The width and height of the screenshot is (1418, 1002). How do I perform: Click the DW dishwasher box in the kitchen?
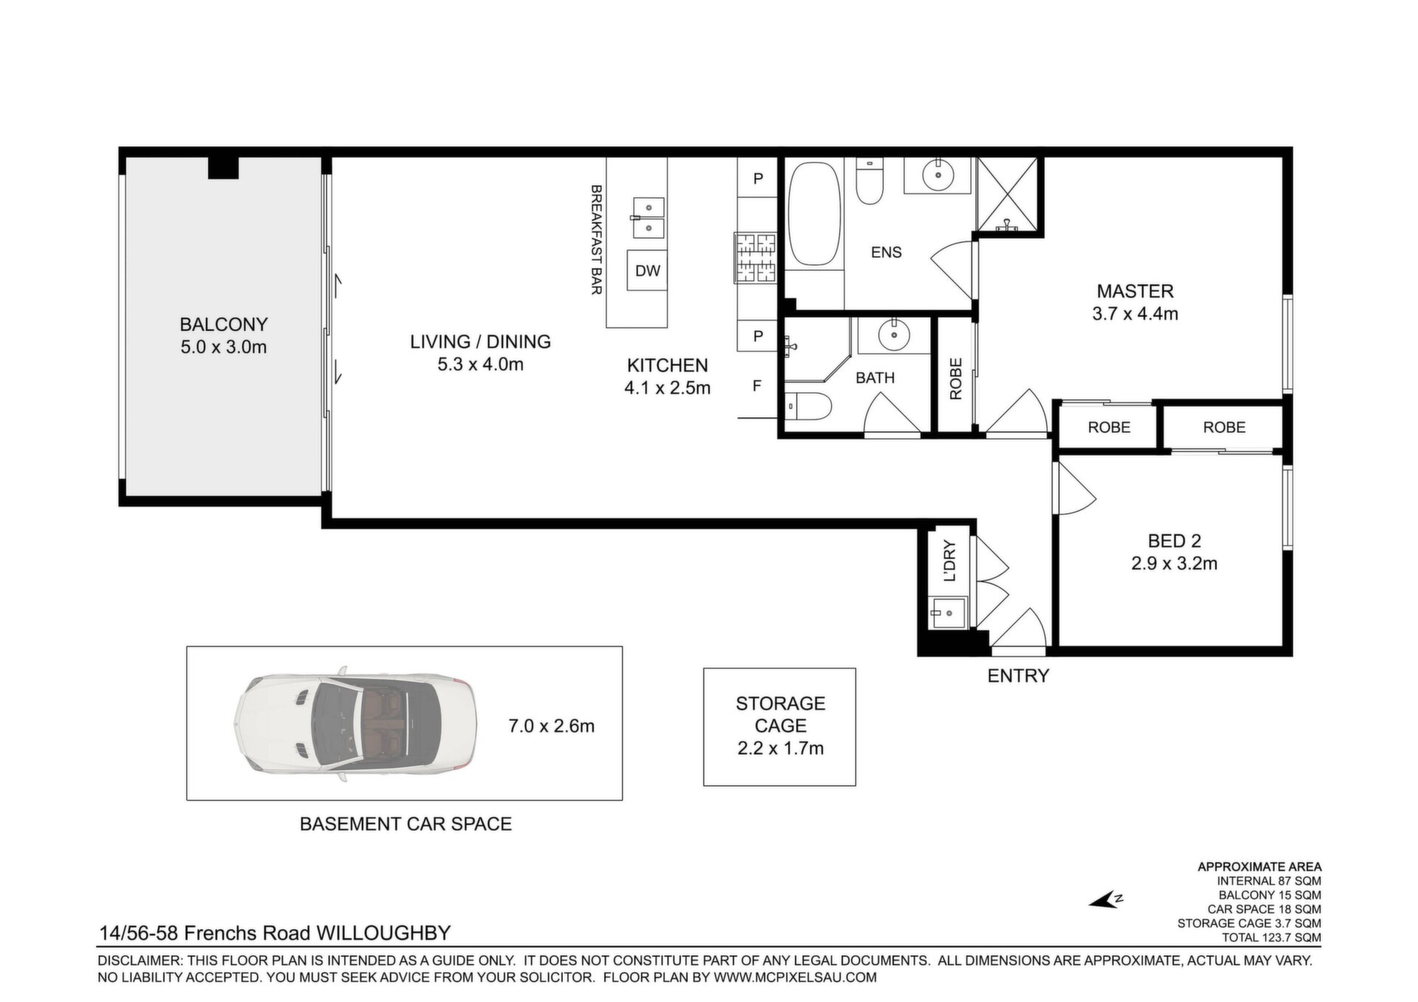pyautogui.click(x=648, y=270)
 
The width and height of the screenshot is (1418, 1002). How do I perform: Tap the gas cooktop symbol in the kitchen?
pyautogui.click(x=755, y=258)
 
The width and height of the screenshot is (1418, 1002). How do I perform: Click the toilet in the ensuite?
pyautogui.click(x=869, y=182)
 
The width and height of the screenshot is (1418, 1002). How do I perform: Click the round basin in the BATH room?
pyautogui.click(x=894, y=336)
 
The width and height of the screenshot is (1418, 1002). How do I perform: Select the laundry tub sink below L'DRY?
pyautogui.click(x=947, y=613)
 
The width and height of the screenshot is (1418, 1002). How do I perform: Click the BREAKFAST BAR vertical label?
pyautogui.click(x=596, y=240)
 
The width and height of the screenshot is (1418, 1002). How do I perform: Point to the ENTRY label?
pyautogui.click(x=1018, y=676)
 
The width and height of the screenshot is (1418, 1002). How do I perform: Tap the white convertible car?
pyautogui.click(x=356, y=724)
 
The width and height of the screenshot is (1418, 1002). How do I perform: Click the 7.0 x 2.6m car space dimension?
pyautogui.click(x=551, y=726)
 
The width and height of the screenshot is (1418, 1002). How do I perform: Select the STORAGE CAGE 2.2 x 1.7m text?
pyautogui.click(x=780, y=726)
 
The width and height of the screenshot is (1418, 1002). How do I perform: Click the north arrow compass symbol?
pyautogui.click(x=1106, y=900)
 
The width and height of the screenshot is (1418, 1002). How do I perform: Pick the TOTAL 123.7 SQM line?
pyautogui.click(x=1271, y=938)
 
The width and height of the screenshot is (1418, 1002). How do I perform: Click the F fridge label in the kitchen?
pyautogui.click(x=757, y=385)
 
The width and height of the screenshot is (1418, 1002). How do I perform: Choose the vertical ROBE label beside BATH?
pyautogui.click(x=956, y=379)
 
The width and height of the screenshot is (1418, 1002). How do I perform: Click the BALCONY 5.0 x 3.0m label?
pyautogui.click(x=224, y=335)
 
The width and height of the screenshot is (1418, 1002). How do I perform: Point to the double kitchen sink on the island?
pyautogui.click(x=648, y=216)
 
